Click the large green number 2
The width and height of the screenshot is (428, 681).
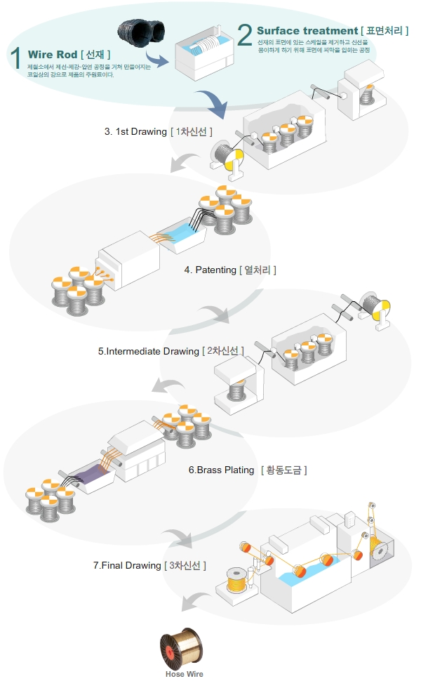(245, 33)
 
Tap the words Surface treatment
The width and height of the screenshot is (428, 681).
(307, 31)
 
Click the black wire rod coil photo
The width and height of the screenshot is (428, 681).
(142, 36)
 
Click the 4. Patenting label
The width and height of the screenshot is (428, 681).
(210, 270)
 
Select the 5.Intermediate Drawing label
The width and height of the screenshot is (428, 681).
(149, 351)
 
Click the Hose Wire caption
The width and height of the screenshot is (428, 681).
(185, 673)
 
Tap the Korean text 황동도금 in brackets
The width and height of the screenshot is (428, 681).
(284, 470)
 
